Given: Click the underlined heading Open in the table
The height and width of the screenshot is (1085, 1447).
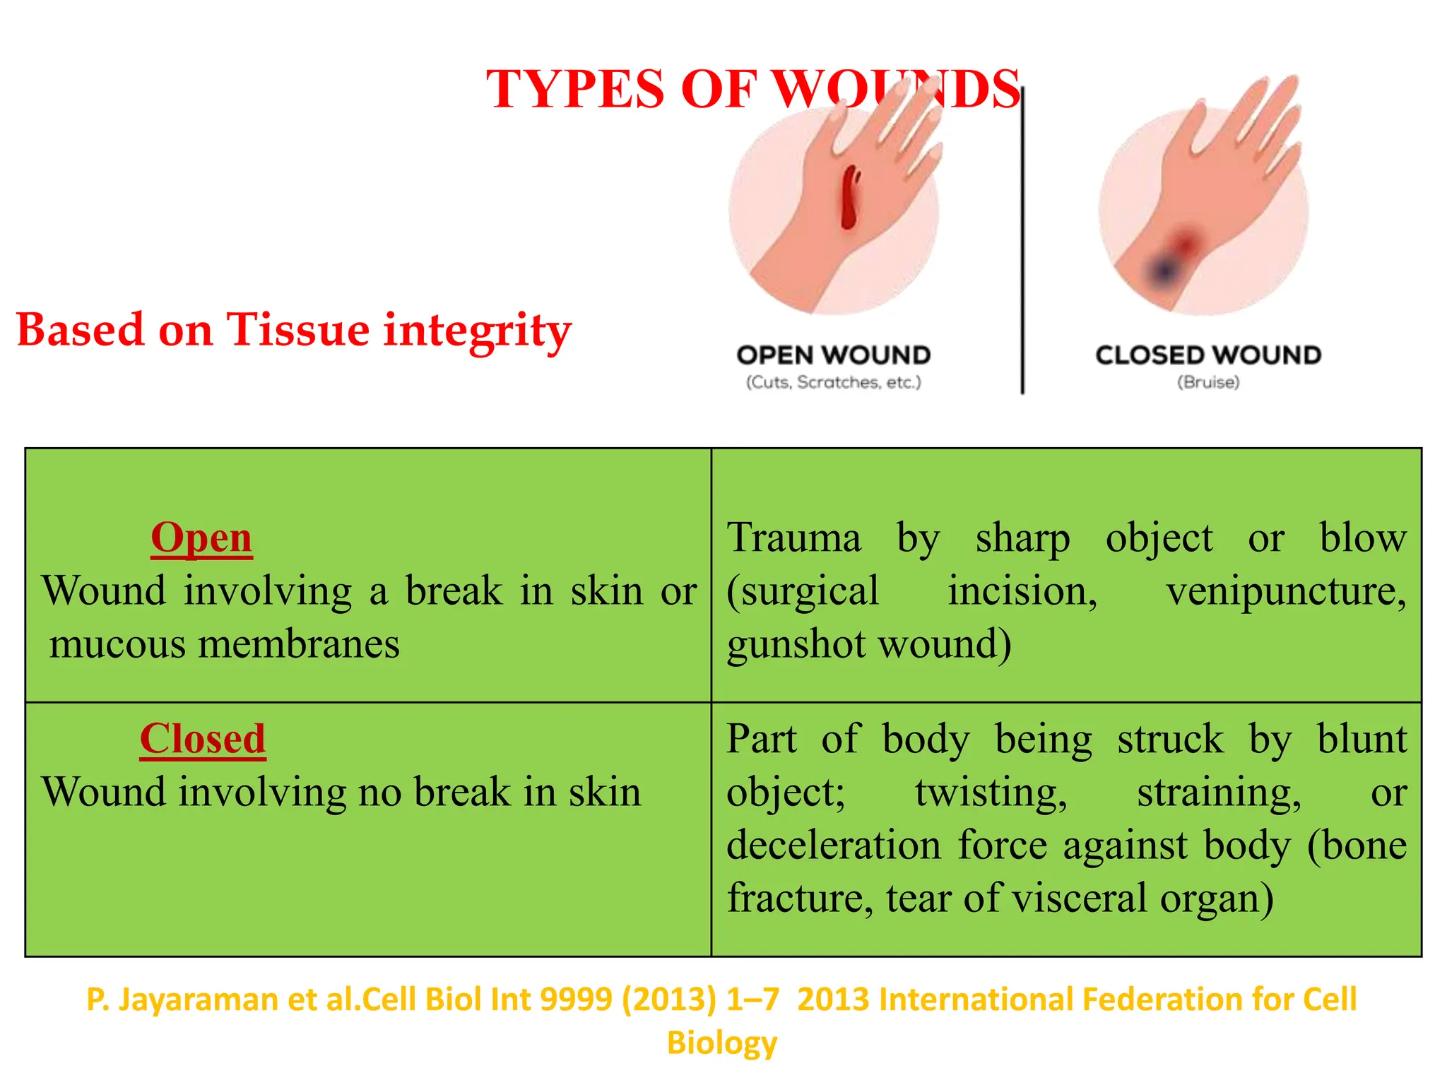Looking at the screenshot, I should pos(201,538).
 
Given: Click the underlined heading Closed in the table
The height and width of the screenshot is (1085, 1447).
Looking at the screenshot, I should pos(203,740).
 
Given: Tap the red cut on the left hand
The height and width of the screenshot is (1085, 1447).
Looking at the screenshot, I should pos(850,198).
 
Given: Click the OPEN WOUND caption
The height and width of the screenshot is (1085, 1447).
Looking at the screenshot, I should pos(834,355).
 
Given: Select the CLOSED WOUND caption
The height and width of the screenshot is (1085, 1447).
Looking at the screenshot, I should pos(1208,355).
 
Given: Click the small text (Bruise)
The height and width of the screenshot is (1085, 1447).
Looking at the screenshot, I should pos(1208,383).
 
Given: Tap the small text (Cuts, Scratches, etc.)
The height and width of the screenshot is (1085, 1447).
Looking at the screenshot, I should pos(834,383).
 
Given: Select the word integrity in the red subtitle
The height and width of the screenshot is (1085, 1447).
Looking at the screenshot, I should pos(477,331).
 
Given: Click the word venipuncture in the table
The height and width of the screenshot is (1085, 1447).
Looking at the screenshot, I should pos(1286,592).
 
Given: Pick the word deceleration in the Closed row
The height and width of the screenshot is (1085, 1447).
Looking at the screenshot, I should pos(834,846).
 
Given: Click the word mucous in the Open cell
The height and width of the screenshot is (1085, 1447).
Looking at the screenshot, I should pos(117,645).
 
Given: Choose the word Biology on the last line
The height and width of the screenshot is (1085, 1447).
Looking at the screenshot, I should pos(722,1043).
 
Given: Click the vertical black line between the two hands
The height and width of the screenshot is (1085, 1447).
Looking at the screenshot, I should pos(1022,240).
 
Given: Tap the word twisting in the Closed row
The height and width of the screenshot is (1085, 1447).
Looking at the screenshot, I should pos(991,793).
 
